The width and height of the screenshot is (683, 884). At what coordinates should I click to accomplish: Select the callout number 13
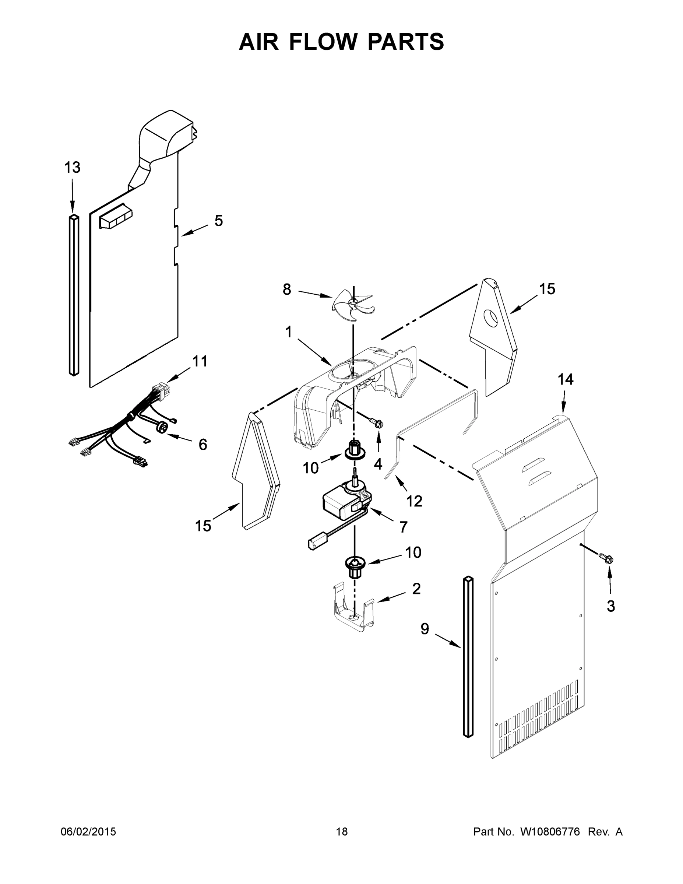(73, 167)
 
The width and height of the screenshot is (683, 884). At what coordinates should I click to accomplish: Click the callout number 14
(565, 380)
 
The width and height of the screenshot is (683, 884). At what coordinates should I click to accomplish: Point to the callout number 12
(414, 501)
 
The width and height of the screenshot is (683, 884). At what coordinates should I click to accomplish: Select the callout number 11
(200, 361)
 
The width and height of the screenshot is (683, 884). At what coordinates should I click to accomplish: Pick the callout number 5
(218, 221)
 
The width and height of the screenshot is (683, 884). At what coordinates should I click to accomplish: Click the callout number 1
(288, 332)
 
